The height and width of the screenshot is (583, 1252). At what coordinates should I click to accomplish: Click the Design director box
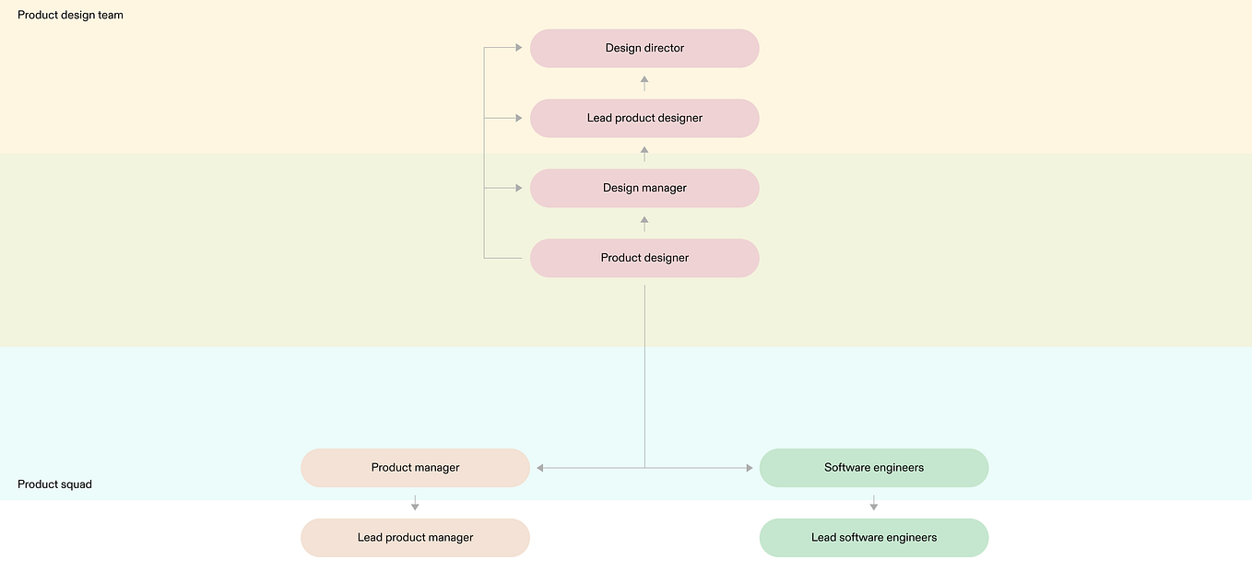pyautogui.click(x=644, y=48)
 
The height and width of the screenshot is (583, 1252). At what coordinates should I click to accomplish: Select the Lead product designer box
pyautogui.click(x=644, y=118)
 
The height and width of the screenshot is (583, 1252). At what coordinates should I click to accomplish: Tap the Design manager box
pyautogui.click(x=644, y=188)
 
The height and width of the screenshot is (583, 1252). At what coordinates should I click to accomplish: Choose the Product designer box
pyautogui.click(x=644, y=258)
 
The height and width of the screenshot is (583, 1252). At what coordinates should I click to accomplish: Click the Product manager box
pyautogui.click(x=415, y=468)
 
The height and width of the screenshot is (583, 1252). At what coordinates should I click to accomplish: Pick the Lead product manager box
pyautogui.click(x=415, y=538)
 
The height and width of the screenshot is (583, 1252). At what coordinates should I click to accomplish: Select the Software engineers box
pyautogui.click(x=873, y=468)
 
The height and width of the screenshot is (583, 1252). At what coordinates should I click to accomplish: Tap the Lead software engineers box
pyautogui.click(x=873, y=538)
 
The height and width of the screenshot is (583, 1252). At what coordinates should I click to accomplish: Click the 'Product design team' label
pyautogui.click(x=70, y=15)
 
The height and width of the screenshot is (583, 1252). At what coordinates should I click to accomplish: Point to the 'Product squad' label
pyautogui.click(x=54, y=484)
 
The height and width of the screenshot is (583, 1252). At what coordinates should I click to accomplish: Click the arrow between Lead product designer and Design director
pyautogui.click(x=644, y=83)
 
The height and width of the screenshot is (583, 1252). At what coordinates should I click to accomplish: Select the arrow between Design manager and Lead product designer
pyautogui.click(x=644, y=153)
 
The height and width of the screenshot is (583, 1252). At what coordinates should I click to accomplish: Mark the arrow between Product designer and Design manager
pyautogui.click(x=644, y=223)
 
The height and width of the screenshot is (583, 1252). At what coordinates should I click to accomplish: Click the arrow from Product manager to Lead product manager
pyautogui.click(x=415, y=503)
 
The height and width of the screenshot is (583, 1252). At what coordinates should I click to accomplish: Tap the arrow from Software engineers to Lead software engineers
pyautogui.click(x=873, y=503)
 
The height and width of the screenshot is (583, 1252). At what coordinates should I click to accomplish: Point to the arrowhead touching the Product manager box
pyautogui.click(x=540, y=468)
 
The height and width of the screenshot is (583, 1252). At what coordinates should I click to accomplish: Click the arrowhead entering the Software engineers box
pyautogui.click(x=749, y=468)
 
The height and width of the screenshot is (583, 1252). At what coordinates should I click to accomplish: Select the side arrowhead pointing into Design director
pyautogui.click(x=519, y=48)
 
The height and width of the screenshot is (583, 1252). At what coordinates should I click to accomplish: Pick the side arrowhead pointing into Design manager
pyautogui.click(x=519, y=188)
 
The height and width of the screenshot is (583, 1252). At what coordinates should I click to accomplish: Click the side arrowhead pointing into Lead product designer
pyautogui.click(x=519, y=118)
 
